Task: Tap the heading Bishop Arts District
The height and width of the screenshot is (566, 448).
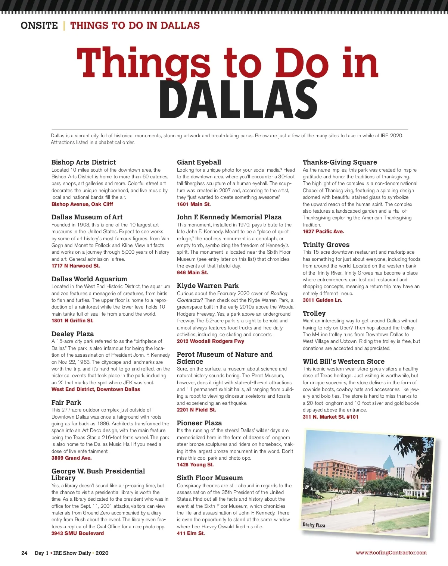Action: [84, 162]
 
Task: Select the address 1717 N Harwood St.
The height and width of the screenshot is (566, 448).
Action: [76, 266]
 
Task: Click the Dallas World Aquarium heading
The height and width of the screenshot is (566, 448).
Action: [89, 279]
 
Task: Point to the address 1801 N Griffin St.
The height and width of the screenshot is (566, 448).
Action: [72, 320]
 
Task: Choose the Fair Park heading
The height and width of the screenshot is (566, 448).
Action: [66, 403]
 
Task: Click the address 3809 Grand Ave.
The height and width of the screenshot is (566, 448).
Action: [71, 458]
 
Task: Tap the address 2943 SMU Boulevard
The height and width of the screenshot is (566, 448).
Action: [78, 533]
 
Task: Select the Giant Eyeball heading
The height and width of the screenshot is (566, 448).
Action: [199, 162]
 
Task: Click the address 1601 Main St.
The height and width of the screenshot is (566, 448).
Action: [194, 204]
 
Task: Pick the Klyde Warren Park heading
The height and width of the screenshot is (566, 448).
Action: [208, 286]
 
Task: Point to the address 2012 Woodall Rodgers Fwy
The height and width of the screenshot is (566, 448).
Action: [211, 341]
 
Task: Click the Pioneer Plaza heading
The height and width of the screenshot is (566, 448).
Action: [199, 423]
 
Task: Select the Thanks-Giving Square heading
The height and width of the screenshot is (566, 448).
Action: [340, 162]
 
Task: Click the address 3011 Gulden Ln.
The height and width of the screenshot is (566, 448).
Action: [322, 300]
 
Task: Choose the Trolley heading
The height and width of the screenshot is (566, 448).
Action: [314, 313]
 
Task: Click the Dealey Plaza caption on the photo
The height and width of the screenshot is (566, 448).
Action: [314, 525]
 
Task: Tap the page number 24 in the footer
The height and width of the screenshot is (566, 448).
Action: [24, 553]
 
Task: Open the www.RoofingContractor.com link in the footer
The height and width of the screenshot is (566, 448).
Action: [391, 553]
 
